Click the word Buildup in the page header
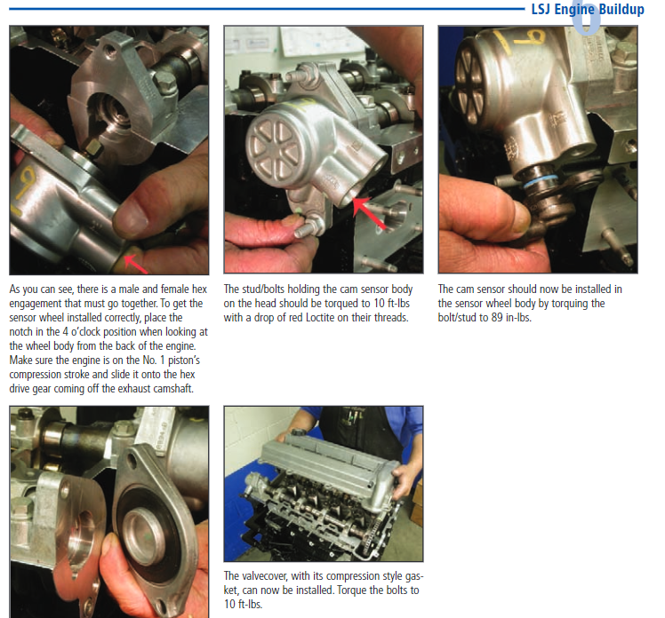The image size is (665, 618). point(621,9)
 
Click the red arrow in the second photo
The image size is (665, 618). point(369,212)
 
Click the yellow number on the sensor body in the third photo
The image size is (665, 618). point(528,37)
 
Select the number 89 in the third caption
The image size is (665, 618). point(497,318)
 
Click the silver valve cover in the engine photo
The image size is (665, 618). point(324,466)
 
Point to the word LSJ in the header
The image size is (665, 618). point(541,9)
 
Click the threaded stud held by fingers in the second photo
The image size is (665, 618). point(308,229)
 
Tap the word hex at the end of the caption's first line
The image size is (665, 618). point(199,289)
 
